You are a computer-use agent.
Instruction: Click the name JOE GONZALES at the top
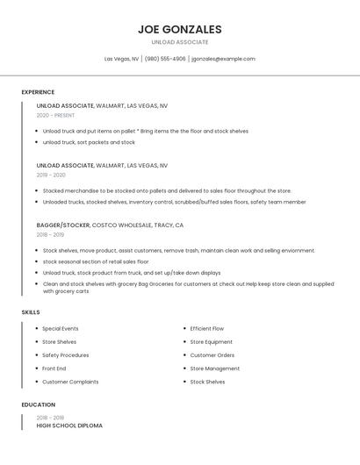180,29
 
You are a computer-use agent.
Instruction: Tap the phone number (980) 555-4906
165,59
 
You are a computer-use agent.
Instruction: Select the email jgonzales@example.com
223,59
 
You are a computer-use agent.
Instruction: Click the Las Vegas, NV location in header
121,59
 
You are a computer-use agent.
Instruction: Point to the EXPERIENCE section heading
38,92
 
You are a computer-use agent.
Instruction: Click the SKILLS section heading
31,311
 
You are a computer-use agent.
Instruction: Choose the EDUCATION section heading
38,404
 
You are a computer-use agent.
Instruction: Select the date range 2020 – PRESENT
55,115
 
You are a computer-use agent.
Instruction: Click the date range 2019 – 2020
51,175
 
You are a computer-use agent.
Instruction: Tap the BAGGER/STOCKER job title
63,225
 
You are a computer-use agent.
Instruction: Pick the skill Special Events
61,329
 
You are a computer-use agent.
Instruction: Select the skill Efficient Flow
207,329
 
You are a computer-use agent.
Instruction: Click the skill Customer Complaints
70,382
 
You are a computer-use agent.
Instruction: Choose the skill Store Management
214,368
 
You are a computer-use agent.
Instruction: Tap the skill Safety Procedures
66,355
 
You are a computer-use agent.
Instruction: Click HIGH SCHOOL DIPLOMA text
69,426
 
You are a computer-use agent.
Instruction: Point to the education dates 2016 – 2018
50,418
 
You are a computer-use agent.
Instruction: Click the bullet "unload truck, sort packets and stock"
89,142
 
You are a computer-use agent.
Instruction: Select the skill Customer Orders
212,355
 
